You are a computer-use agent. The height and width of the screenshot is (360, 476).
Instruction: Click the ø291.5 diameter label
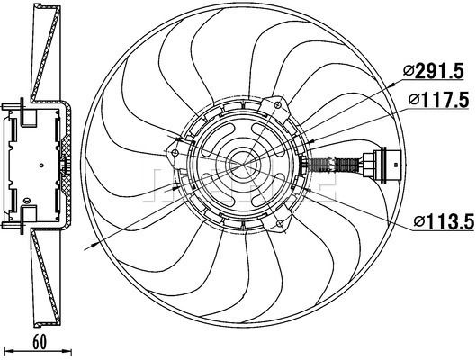(434, 72)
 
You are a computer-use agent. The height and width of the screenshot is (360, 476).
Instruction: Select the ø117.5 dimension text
(438, 100)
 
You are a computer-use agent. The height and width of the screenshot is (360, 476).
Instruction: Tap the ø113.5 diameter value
(444, 222)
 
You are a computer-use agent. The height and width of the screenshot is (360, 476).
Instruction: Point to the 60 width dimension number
(40, 342)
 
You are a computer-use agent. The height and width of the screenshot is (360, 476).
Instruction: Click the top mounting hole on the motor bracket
(278, 105)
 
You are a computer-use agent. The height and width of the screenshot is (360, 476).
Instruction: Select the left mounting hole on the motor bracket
(175, 153)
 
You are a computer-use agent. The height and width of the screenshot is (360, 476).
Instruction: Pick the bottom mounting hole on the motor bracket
(280, 224)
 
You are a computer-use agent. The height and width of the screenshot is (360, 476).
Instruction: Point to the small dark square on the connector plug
(395, 165)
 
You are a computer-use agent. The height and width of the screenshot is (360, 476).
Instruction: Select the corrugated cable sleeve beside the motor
(334, 166)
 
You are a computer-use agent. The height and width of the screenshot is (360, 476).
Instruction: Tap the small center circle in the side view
(41, 166)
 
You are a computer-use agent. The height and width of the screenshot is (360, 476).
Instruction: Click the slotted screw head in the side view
(26, 201)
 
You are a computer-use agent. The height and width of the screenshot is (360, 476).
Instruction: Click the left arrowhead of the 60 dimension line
(9, 351)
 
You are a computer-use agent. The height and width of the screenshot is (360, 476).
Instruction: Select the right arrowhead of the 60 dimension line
(67, 351)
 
